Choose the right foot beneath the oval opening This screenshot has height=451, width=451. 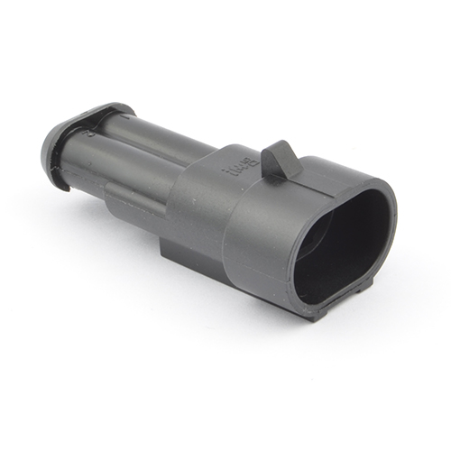pyautogui.click(x=365, y=287)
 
